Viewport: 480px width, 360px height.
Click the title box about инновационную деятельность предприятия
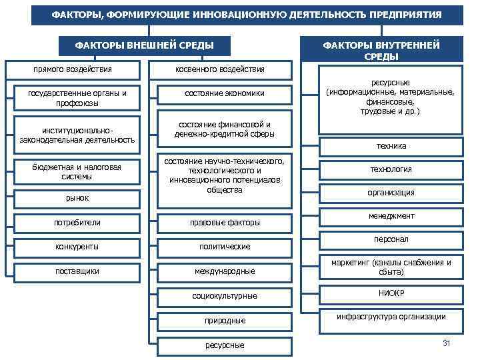click(247, 14)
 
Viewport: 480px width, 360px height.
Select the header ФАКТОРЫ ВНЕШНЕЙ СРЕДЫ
click(144, 45)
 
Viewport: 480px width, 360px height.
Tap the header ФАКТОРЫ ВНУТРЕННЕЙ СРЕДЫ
click(381, 50)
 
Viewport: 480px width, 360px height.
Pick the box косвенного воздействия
click(219, 69)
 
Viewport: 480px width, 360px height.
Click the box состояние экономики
click(224, 94)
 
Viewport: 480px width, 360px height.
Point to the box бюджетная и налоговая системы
click(77, 172)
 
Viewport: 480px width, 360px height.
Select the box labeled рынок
click(77, 198)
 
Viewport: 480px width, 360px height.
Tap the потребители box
click(77, 222)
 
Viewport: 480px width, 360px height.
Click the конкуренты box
click(77, 247)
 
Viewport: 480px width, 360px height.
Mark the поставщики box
click(77, 271)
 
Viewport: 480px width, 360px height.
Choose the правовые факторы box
click(224, 223)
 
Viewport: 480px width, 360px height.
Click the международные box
click(224, 271)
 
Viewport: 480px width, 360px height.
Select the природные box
click(224, 321)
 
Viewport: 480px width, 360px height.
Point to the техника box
click(391, 146)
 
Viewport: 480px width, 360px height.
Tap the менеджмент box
click(391, 216)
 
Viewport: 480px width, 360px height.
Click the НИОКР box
click(391, 293)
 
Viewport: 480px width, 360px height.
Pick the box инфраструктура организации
click(391, 317)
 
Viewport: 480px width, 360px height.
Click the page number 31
click(447, 343)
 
